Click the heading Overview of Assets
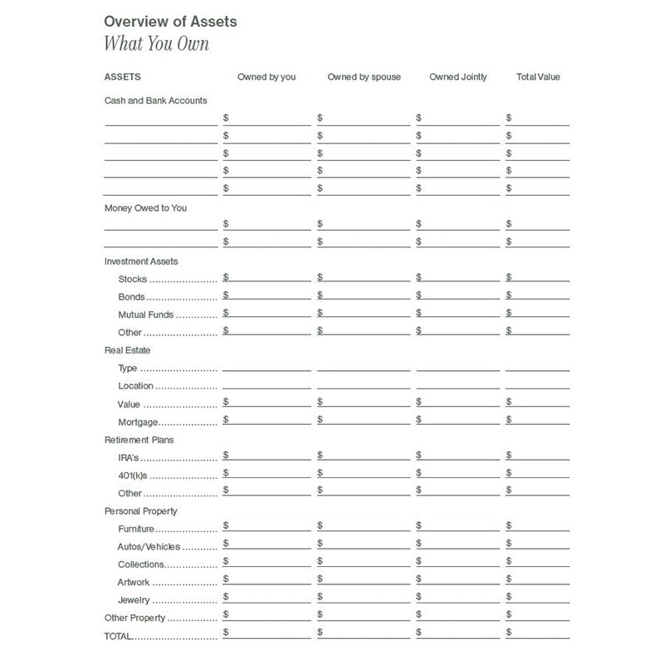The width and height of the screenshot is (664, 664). [x=170, y=22]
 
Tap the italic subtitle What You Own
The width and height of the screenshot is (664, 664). [x=156, y=44]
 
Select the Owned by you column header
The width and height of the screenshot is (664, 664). [x=266, y=77]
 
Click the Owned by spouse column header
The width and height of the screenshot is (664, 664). [x=364, y=77]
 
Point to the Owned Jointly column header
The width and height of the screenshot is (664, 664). [x=458, y=77]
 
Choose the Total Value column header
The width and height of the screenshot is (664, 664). [x=538, y=77]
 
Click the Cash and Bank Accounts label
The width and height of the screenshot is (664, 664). [x=155, y=100]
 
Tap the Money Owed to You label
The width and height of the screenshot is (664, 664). [x=145, y=207]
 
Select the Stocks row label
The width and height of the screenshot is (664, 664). [x=133, y=280]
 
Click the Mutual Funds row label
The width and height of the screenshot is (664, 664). [x=145, y=315]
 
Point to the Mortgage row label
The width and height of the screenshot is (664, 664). [x=139, y=422]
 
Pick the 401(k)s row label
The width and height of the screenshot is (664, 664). [x=133, y=476]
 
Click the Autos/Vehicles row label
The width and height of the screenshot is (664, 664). [x=149, y=547]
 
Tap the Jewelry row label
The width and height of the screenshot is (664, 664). [x=134, y=600]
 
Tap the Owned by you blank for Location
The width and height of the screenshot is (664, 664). [x=266, y=383]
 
